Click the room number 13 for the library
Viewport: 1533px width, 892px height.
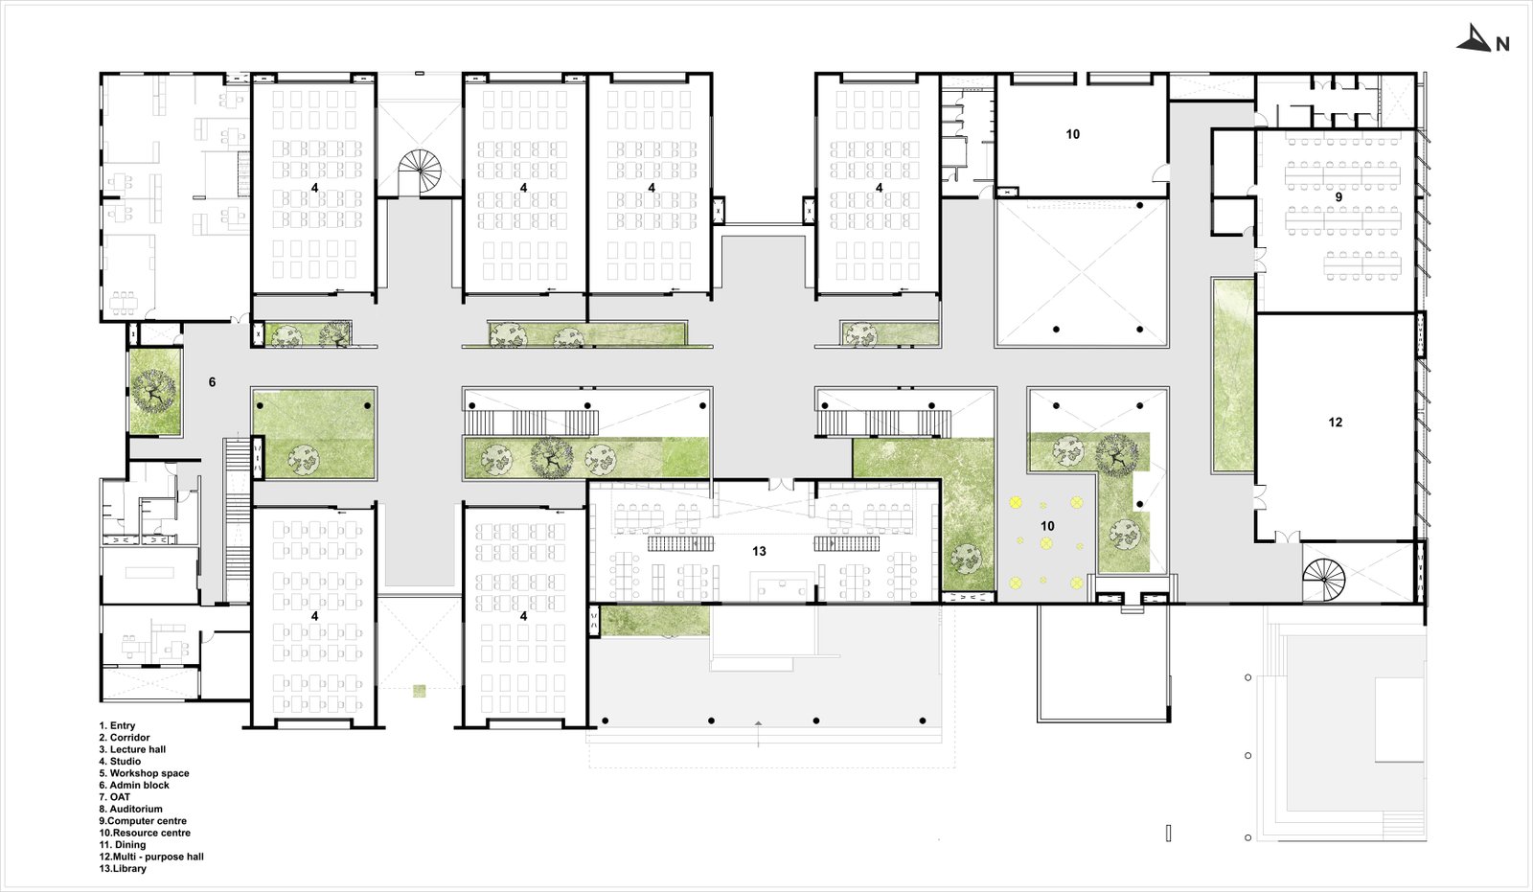[x=759, y=551]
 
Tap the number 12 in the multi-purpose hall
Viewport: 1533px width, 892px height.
[x=1335, y=423]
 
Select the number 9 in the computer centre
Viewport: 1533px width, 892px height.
[x=1339, y=197]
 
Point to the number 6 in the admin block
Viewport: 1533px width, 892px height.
[x=212, y=382]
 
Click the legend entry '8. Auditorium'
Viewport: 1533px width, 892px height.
[x=131, y=809]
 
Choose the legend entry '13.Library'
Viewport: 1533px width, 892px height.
[x=123, y=868]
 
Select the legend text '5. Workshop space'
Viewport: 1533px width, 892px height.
[x=144, y=773]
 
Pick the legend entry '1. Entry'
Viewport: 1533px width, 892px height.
[x=117, y=725]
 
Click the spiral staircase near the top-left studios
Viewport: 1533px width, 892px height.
[x=420, y=172]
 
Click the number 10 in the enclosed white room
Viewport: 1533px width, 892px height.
[x=1072, y=134]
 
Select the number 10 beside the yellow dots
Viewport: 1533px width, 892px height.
[x=1047, y=526]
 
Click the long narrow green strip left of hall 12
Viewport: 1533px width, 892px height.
[x=1232, y=374]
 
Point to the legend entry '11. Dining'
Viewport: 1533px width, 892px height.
[x=123, y=844]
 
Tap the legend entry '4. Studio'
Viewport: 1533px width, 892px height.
[x=120, y=761]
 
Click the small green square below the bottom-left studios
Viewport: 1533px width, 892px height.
[x=420, y=690]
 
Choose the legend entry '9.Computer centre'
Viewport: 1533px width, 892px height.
[x=143, y=820]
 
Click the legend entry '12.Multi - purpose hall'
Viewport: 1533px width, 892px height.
[x=151, y=857]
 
